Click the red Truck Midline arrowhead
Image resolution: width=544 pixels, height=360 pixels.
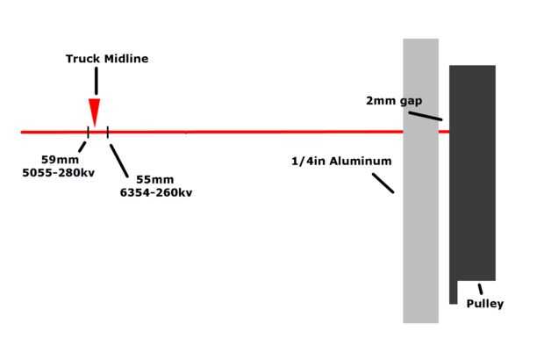click(95, 113)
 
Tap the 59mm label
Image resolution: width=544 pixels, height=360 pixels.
click(60, 160)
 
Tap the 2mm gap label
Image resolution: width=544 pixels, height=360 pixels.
click(394, 100)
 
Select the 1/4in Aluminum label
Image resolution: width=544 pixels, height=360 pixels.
click(341, 162)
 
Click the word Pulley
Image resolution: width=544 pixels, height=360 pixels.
click(484, 304)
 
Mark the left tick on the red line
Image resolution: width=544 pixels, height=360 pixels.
click(88, 132)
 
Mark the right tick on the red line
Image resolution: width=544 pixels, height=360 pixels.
click(107, 132)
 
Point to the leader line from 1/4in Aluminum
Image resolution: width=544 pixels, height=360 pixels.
click(383, 183)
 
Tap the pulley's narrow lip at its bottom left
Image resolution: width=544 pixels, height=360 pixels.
click(454, 292)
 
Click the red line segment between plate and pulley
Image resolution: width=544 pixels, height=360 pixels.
click(443, 132)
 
